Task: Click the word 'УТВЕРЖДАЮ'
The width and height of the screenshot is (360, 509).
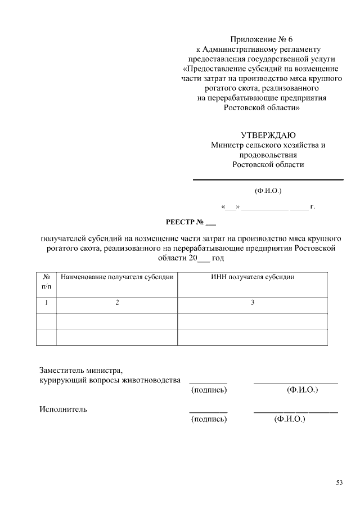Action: [268, 135]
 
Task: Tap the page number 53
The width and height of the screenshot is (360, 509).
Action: [339, 482]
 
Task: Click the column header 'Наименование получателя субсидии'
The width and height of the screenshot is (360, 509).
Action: [117, 277]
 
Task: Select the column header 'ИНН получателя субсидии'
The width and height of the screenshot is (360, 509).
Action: [253, 277]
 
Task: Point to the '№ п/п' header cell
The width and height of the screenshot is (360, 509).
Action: [47, 282]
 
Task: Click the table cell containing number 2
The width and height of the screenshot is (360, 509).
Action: [117, 303]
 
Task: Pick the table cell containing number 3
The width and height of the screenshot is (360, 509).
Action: [253, 303]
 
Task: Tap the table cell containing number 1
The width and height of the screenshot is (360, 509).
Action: [47, 303]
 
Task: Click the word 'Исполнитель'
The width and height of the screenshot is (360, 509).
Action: [63, 409]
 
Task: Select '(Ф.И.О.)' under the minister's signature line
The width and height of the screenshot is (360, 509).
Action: [268, 190]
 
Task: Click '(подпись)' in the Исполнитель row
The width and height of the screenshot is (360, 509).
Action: [209, 419]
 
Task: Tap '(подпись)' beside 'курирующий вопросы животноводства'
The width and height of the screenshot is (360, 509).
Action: [209, 389]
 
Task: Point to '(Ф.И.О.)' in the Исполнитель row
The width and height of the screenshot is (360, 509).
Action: [289, 419]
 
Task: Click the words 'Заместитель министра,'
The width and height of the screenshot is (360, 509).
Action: [80, 371]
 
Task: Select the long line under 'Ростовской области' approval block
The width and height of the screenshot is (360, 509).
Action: [268, 179]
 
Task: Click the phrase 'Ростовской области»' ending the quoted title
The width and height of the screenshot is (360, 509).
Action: [262, 107]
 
